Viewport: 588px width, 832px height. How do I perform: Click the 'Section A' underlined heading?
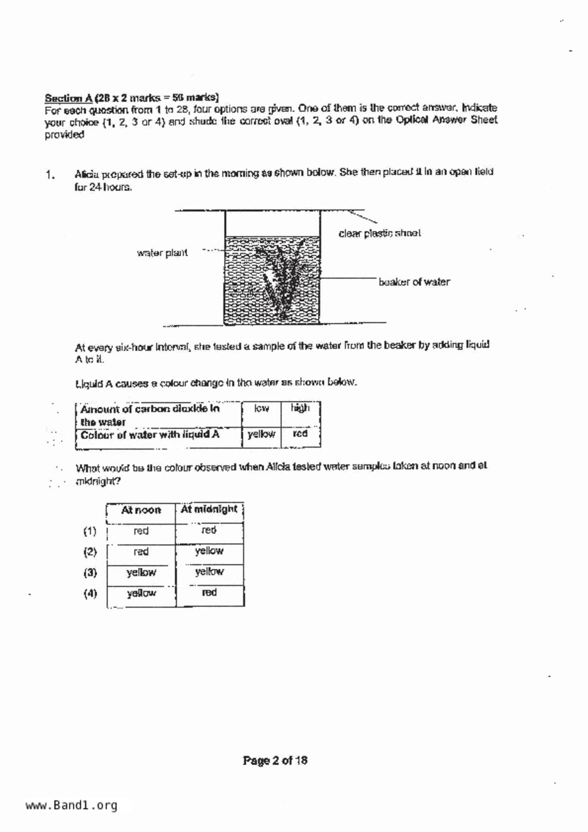pos(68,98)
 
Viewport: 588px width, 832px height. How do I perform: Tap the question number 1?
pos(50,175)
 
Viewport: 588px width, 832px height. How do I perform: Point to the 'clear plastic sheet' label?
pos(379,233)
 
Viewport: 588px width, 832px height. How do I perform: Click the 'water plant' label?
pos(162,253)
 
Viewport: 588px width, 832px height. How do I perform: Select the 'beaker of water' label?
pos(414,282)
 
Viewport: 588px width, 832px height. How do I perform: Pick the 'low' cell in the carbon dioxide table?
pos(261,408)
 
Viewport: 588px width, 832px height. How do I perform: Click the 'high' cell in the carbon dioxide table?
pos(300,408)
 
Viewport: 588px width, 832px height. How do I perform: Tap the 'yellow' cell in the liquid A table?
pos(261,434)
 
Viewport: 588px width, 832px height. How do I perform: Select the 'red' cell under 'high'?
pos(300,434)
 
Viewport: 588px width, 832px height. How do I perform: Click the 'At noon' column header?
pos(141,510)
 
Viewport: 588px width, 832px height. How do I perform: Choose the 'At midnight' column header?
pos(209,509)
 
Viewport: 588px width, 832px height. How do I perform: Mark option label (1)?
pos(90,531)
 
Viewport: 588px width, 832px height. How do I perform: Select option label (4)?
pos(90,594)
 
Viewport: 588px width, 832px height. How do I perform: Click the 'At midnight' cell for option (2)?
pos(209,551)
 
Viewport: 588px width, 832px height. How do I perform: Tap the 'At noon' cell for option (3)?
pos(141,573)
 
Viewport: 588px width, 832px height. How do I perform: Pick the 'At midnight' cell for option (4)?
pos(209,592)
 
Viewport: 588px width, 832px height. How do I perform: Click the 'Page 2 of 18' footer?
pos(275,761)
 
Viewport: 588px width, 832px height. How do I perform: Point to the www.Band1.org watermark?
pos(71,805)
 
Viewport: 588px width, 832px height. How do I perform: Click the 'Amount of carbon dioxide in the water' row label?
pos(150,415)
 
